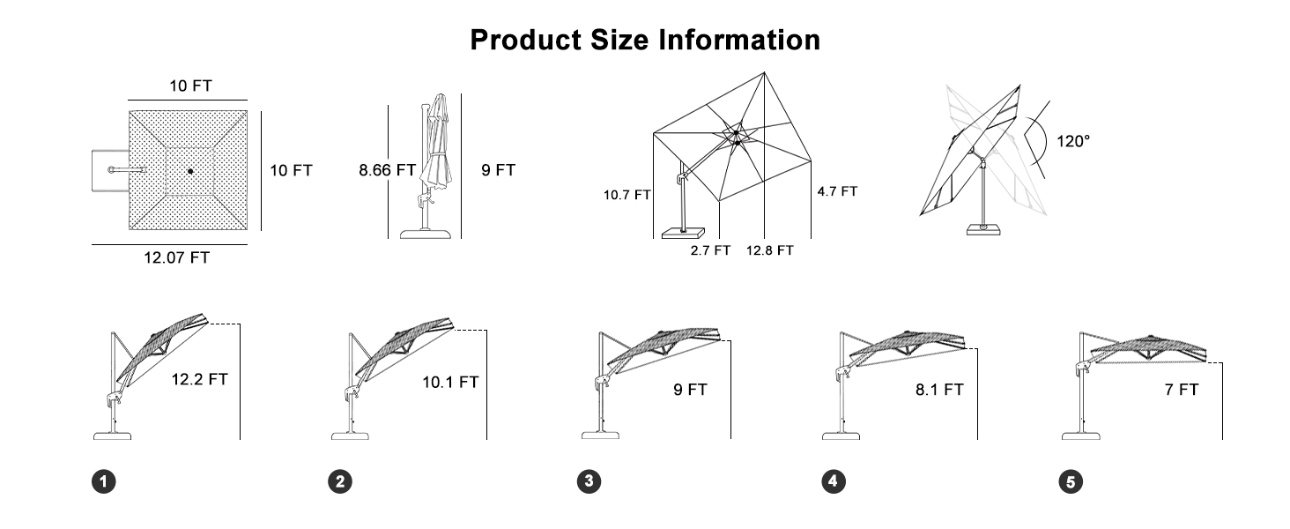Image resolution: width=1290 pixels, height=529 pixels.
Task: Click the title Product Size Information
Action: (x=644, y=40)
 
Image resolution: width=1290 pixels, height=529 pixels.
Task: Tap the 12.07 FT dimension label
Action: (x=177, y=257)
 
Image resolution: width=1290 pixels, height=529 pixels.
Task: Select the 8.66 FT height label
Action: (x=387, y=170)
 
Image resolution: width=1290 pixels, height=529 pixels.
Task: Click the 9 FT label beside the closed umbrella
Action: (x=498, y=170)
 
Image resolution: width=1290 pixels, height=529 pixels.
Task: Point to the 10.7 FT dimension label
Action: (x=626, y=195)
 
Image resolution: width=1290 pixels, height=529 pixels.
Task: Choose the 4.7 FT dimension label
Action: (x=837, y=190)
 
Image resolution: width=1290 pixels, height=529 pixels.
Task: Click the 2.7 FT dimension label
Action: (x=710, y=250)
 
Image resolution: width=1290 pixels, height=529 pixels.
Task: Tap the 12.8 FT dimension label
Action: (x=770, y=250)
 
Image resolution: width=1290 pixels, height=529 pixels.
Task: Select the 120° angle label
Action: (x=1073, y=140)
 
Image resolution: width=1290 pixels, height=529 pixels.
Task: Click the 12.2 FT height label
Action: (x=200, y=379)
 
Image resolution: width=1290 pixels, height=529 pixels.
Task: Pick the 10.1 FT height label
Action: (x=450, y=382)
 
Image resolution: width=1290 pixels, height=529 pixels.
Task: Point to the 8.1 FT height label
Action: (x=939, y=389)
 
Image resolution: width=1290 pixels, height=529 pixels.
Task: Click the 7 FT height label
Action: (x=1181, y=389)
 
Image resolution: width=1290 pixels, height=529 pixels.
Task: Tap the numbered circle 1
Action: (x=104, y=481)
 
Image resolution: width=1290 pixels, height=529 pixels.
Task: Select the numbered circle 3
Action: (x=589, y=481)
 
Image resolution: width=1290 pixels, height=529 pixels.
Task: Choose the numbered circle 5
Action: (x=1071, y=481)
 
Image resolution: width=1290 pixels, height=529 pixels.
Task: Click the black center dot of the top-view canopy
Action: (x=190, y=170)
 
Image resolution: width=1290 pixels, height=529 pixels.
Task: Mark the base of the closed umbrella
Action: (x=426, y=234)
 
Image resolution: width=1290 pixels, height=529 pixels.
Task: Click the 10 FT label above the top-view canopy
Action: (x=190, y=86)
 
